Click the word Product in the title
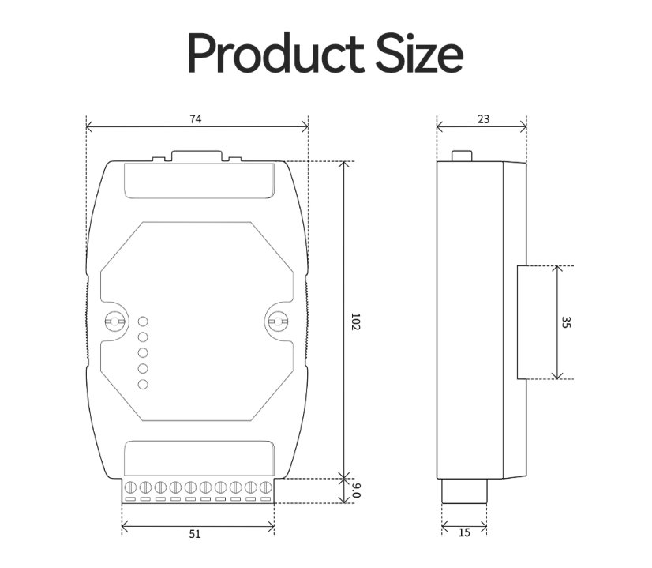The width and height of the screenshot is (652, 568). point(276,53)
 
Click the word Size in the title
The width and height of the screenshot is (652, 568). point(419,53)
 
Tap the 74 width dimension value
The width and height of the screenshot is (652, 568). point(196,119)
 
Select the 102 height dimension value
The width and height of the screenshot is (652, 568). point(355,322)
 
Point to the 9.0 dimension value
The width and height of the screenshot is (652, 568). point(356,490)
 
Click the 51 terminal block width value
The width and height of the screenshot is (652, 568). point(195,534)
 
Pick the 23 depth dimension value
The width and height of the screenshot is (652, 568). point(484,119)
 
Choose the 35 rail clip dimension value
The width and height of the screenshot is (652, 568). point(566,322)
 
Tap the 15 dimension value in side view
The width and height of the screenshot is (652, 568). point(464,532)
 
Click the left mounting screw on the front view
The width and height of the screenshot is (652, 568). point(114,322)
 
